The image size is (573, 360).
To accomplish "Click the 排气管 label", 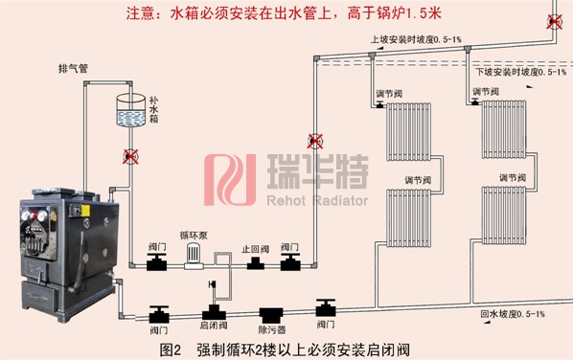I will tap(73, 68).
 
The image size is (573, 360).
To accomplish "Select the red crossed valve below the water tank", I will tap(129, 155).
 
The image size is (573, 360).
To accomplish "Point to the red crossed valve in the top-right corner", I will tap(554, 22).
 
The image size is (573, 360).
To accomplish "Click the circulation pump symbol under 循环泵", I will tap(195, 255).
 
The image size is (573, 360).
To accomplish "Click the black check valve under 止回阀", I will tap(255, 263).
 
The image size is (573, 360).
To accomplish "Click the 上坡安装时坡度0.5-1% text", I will tap(416, 39).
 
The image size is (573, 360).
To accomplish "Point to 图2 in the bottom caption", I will tap(171, 349).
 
